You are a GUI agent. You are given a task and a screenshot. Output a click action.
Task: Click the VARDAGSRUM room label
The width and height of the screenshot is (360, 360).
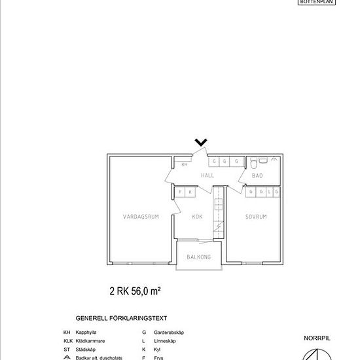[x=141, y=217]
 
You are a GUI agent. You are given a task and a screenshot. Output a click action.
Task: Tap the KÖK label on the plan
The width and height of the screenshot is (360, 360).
[x=198, y=217]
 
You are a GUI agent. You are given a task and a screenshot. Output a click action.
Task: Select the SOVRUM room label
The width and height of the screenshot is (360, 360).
[x=256, y=217]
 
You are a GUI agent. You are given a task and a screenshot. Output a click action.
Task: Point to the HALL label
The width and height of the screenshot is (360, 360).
[x=207, y=175]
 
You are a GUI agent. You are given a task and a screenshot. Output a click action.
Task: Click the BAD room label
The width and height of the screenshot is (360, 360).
[x=257, y=175]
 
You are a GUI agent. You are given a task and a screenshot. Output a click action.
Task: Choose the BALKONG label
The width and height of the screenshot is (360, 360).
[x=199, y=257]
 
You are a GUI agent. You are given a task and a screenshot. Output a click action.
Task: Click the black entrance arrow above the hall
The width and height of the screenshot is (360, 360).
[x=201, y=142]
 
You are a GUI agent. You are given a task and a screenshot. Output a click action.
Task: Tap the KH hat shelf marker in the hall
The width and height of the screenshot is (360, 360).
[x=185, y=165]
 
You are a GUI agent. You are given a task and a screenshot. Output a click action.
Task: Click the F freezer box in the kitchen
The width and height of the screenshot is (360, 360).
[x=181, y=192]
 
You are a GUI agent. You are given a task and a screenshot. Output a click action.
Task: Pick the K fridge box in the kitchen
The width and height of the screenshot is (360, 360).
[x=190, y=192]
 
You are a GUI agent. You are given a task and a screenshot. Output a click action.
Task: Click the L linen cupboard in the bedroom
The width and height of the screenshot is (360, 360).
[x=269, y=192]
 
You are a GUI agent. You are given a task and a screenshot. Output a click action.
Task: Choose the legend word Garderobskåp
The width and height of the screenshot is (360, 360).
[x=169, y=333]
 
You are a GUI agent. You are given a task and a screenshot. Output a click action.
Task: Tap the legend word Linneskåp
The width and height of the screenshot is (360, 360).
[x=164, y=341]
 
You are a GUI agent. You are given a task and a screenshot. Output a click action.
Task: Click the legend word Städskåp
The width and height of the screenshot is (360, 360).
[x=86, y=350]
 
